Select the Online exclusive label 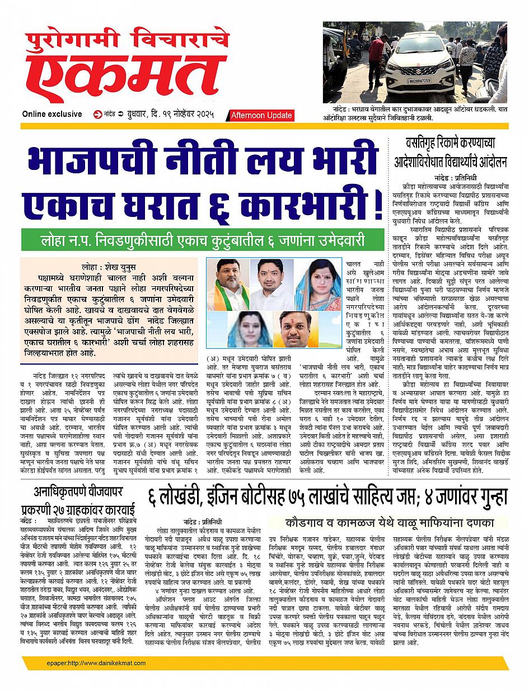click(52, 114)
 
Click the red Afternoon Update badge click(261, 115)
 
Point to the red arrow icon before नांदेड click(99, 114)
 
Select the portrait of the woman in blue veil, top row click(317, 285)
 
